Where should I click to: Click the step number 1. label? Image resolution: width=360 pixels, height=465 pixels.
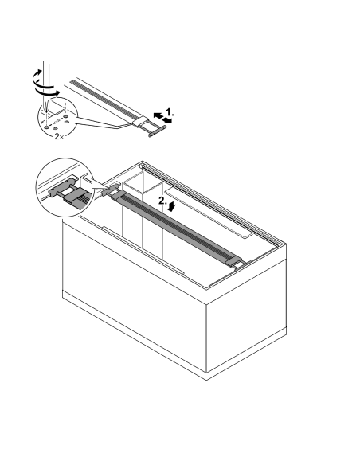pos(170,112)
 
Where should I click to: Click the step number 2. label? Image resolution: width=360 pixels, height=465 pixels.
pos(162,201)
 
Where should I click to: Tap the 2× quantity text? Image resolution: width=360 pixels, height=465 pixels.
pos(59,137)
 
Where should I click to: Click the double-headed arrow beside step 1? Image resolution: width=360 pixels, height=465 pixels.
pos(162,118)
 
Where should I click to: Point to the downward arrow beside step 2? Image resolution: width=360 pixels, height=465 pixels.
pos(171,207)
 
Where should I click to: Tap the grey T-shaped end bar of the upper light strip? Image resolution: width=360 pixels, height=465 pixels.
pos(158,131)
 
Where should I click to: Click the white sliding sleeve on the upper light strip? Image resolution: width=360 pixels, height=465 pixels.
pos(140,122)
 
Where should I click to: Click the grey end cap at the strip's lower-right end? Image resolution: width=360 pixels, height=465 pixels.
pos(233,262)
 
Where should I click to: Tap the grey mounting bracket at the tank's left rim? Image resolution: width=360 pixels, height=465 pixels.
pos(110,190)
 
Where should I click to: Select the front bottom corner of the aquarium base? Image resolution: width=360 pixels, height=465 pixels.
pos(206,380)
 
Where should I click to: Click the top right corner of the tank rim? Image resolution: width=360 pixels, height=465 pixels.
pos(286,244)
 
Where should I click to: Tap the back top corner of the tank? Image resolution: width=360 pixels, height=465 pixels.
pos(142,162)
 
